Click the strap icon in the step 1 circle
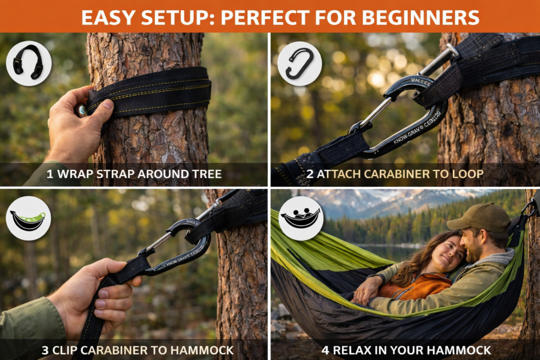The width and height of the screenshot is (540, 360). pyautogui.click(x=28, y=63)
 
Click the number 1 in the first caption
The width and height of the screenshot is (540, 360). pyautogui.click(x=50, y=173)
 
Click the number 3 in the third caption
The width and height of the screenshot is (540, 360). pyautogui.click(x=45, y=349)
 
